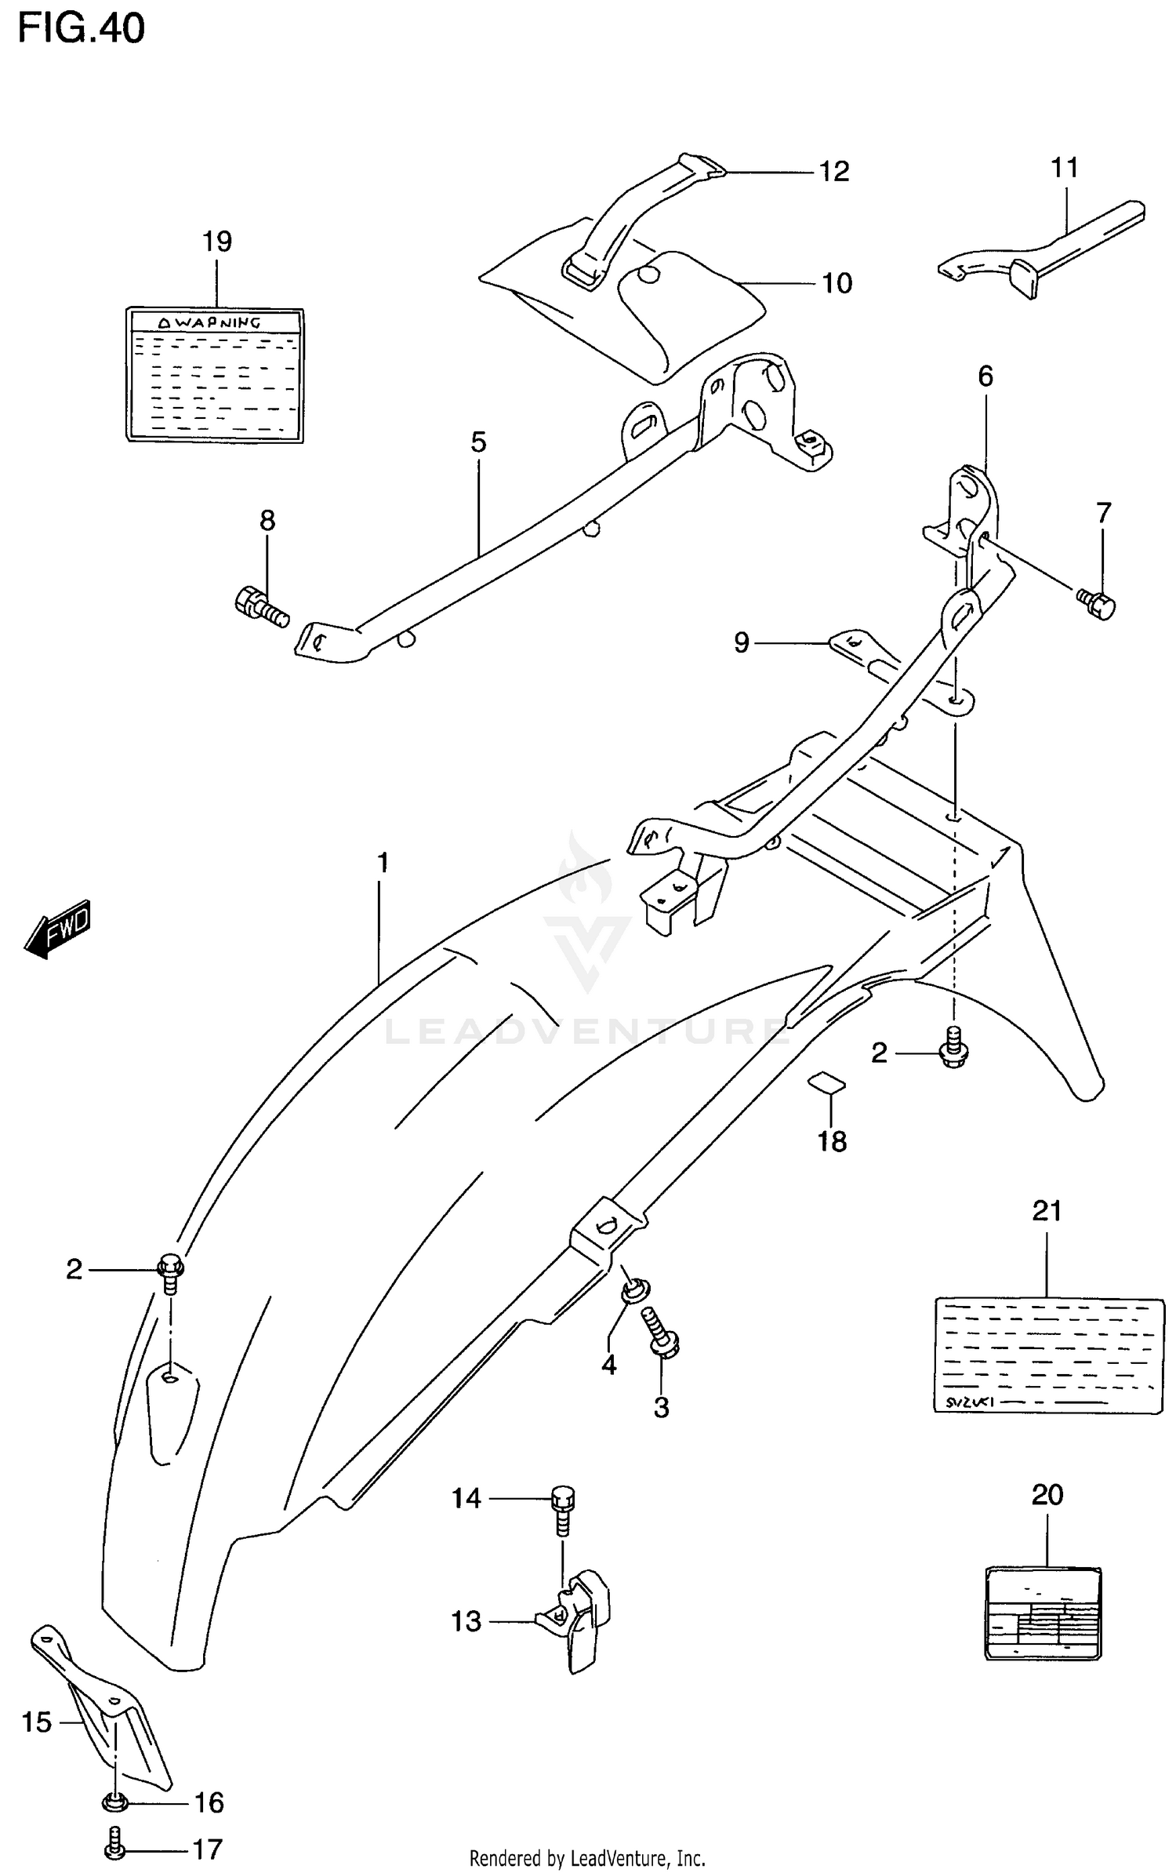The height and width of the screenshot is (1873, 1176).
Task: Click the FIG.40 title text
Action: (x=82, y=29)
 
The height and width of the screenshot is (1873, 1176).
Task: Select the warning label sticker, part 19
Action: (x=215, y=375)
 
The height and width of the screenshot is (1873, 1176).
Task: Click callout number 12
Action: (x=834, y=172)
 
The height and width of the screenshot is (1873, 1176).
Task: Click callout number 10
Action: (x=837, y=283)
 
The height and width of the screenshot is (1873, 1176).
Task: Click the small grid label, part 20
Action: (x=1043, y=1613)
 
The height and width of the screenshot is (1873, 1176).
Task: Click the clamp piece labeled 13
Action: (x=578, y=1621)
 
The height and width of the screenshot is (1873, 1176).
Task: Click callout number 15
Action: (x=36, y=1722)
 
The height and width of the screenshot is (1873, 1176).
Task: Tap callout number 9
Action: (x=741, y=643)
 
